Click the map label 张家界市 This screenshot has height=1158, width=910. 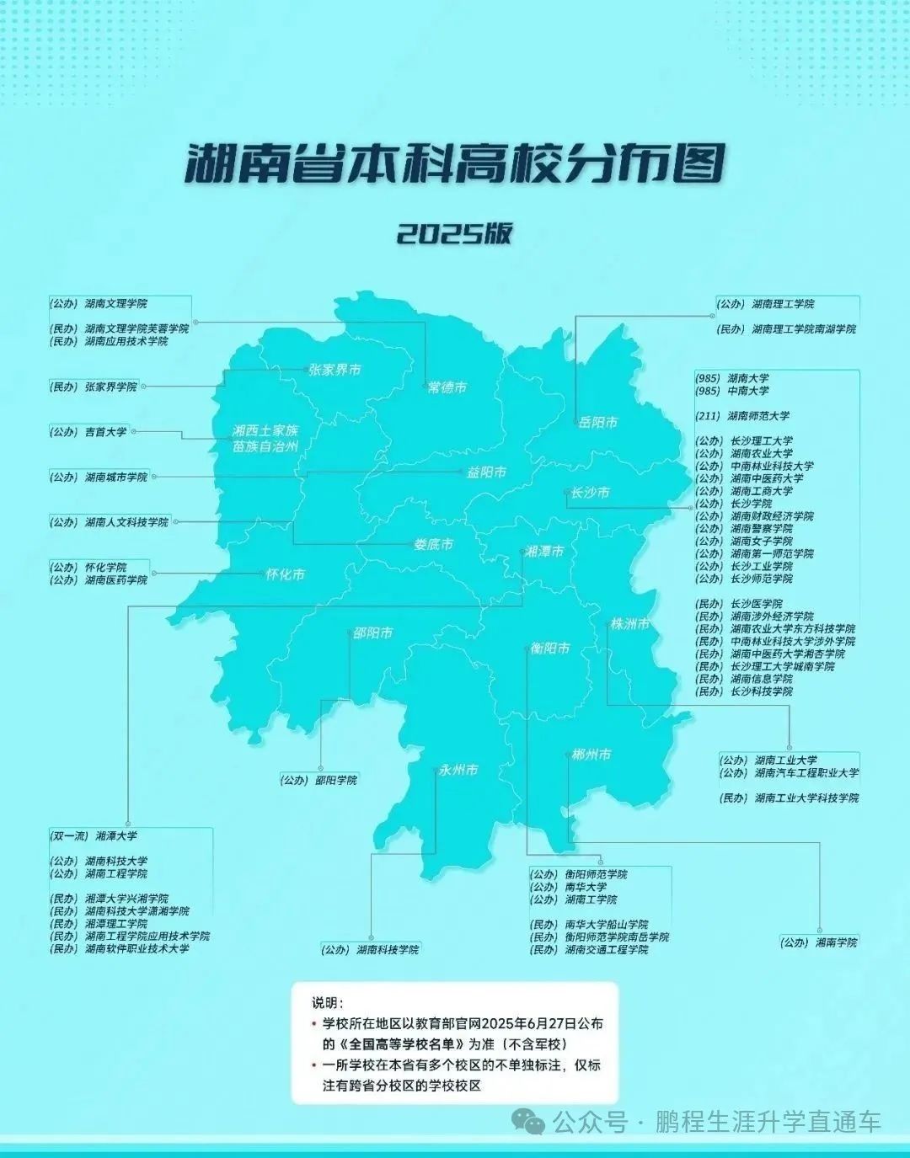(335, 370)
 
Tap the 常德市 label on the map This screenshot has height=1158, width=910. (447, 387)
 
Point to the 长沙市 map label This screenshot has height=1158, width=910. (589, 493)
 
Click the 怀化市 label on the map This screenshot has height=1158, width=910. (285, 575)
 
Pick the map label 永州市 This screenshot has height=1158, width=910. (458, 770)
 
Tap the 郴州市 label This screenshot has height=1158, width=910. (591, 755)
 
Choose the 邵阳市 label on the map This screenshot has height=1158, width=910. (372, 632)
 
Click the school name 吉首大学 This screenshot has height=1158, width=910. (105, 432)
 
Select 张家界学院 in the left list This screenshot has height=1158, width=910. (110, 387)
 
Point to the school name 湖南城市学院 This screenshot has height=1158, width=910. (115, 478)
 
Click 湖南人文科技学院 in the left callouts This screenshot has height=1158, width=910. (126, 522)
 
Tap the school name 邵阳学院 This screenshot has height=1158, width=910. (336, 780)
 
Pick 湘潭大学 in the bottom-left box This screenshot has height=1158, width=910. (116, 836)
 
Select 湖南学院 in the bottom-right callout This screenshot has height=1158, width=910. (835, 942)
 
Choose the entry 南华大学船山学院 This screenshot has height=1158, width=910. (606, 925)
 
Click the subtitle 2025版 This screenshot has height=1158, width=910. (454, 233)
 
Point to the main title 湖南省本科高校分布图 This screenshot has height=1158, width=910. (454, 165)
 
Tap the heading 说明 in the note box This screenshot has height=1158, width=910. (327, 1003)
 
